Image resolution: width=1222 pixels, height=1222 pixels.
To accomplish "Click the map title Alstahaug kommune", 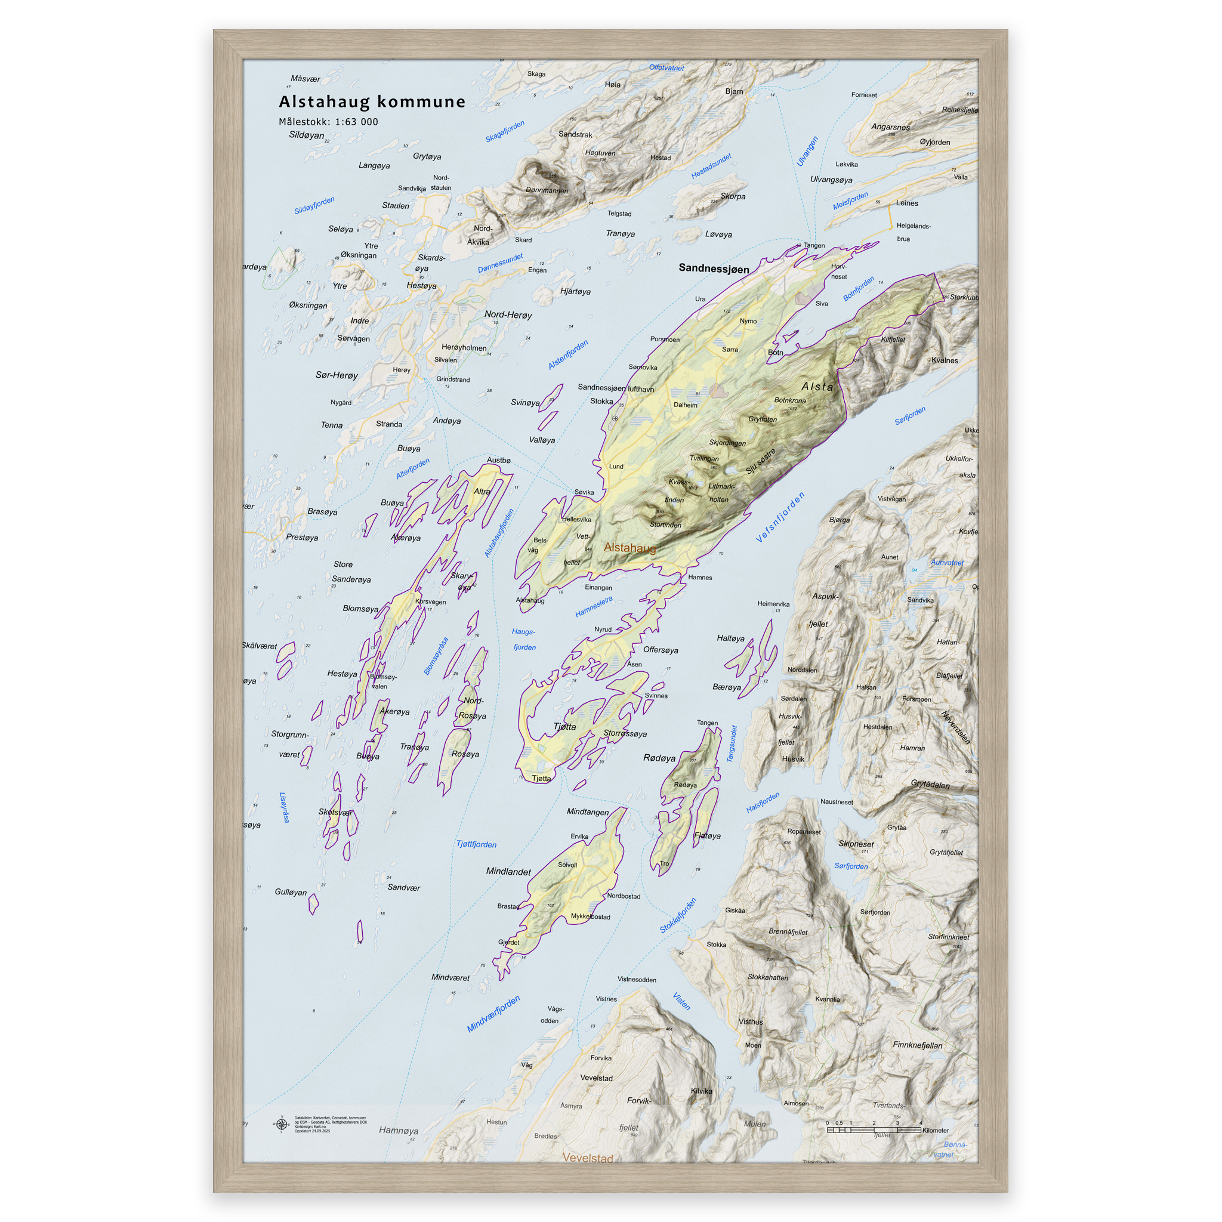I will (372, 102).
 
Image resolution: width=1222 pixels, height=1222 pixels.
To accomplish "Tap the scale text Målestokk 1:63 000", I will (328, 122).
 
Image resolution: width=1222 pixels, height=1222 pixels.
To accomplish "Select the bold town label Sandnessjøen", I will (714, 268).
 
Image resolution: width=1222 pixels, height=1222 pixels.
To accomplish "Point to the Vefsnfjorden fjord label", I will (780, 517).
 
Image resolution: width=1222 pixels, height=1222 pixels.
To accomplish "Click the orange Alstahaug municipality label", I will (629, 547).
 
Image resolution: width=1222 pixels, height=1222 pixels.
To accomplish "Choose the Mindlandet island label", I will (508, 871).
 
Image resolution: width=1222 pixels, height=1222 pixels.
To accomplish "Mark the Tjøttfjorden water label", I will (476, 844).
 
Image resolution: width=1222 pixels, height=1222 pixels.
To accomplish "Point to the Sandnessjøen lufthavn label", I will (615, 388).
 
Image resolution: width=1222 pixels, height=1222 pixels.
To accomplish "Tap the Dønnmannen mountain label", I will (547, 190).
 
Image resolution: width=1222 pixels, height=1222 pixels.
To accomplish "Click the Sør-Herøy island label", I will (337, 375).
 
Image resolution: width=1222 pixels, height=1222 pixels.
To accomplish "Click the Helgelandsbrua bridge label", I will (913, 232).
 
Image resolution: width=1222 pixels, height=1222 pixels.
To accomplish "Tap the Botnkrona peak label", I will (790, 400).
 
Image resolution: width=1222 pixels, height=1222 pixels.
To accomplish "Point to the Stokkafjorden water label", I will (677, 915).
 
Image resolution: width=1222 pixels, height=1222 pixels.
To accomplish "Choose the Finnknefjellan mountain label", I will (917, 1045).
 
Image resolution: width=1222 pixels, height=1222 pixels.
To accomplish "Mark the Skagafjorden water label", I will (505, 131).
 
